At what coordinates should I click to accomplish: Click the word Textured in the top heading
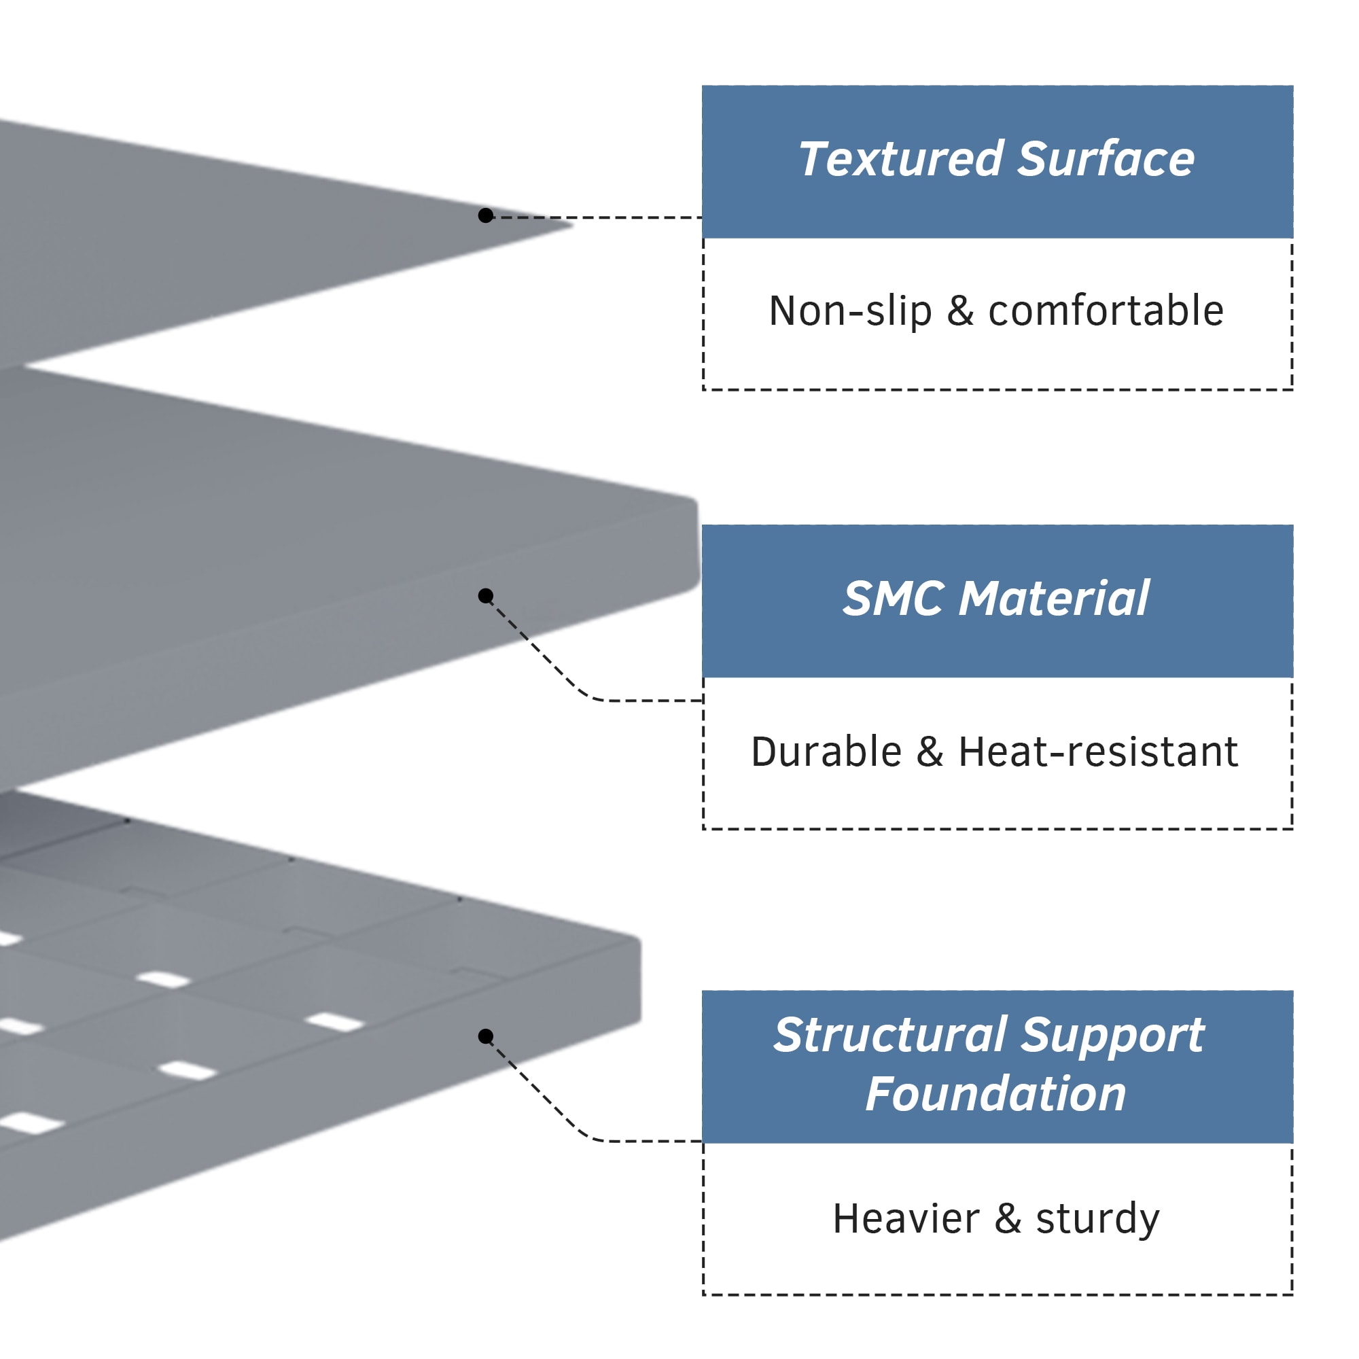point(901,159)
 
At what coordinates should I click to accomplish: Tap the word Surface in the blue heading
point(1106,159)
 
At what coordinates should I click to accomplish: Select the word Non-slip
point(851,311)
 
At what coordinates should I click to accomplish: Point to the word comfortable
point(1106,311)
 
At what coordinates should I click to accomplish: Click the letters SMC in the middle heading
point(894,599)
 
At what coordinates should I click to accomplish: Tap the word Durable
point(826,752)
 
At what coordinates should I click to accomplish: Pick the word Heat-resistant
point(1098,752)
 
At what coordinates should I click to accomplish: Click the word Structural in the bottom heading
point(890,1036)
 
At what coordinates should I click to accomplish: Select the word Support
point(1113,1036)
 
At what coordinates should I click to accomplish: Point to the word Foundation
point(996,1095)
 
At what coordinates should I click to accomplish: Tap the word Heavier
point(906,1219)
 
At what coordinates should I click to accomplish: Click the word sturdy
point(1097,1219)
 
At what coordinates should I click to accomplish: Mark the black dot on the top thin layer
point(485,215)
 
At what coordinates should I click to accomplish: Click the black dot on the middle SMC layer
point(485,596)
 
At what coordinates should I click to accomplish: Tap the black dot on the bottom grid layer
point(485,1036)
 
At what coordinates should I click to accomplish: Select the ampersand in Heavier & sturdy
point(1007,1219)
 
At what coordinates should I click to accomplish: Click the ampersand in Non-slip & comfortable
point(960,311)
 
